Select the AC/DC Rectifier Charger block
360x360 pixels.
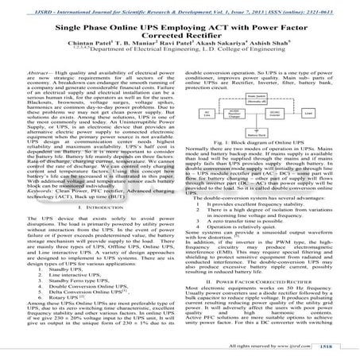[234, 112]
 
